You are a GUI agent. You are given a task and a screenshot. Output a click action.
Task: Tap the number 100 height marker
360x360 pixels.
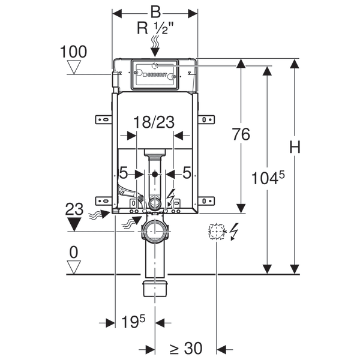tap(74, 52)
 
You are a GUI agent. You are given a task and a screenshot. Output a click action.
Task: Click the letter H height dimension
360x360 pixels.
tap(294, 147)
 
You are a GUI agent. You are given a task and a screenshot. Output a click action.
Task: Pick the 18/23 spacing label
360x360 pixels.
tap(154, 122)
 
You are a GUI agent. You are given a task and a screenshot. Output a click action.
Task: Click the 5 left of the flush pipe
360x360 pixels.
tap(124, 173)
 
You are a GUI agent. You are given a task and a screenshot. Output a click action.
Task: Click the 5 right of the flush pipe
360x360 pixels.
tap(187, 173)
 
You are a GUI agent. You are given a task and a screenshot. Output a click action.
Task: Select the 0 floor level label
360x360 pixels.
tap(74, 252)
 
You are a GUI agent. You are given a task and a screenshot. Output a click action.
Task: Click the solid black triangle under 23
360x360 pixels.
tap(74, 225)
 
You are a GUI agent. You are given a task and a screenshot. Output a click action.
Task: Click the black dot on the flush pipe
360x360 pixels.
tap(155, 174)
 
